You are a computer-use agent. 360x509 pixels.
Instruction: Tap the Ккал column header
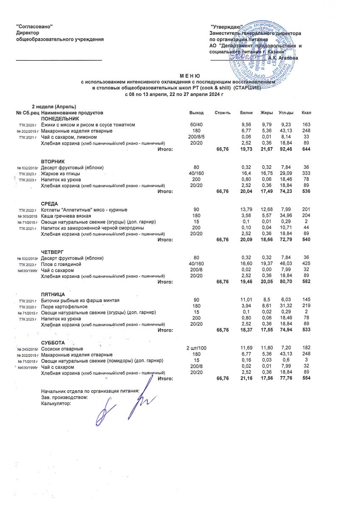[x=306, y=113]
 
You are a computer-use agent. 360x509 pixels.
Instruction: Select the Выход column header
[x=196, y=113]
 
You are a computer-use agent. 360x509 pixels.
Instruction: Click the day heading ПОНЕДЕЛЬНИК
[x=60, y=119]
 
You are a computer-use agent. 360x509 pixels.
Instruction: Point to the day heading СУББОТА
[x=53, y=343]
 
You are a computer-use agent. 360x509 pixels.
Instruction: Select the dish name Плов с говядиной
[x=61, y=264]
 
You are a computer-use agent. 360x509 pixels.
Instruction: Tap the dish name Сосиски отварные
[x=62, y=349]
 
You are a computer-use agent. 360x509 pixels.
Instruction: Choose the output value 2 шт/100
[x=196, y=349]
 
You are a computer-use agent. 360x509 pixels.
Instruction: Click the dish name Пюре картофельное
[x=64, y=306]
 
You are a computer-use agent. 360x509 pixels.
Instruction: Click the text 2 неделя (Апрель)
[x=55, y=106]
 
